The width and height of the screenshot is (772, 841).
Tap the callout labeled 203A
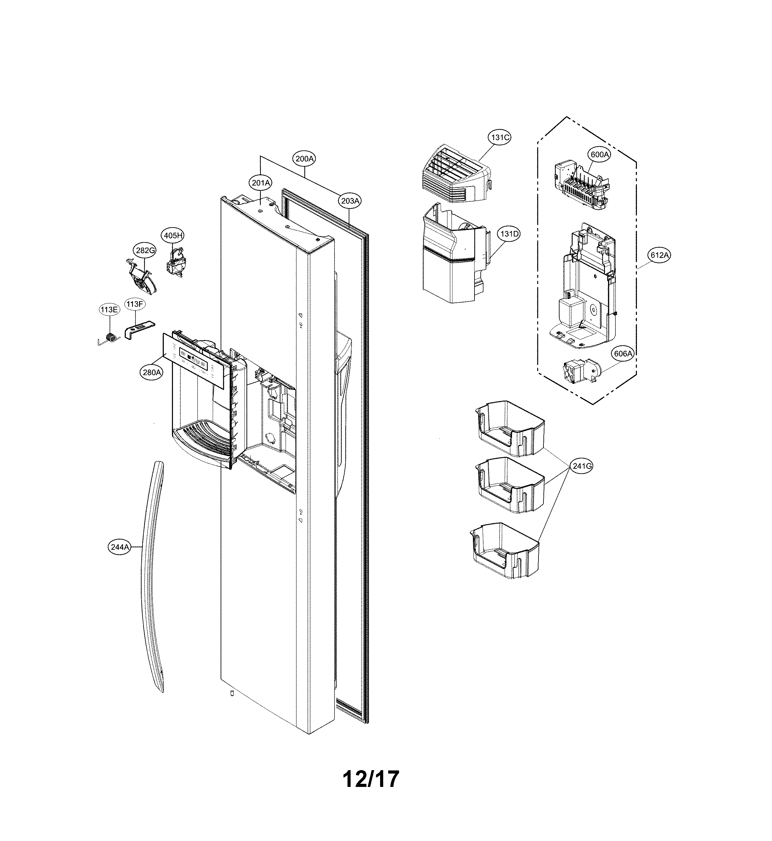pyautogui.click(x=350, y=201)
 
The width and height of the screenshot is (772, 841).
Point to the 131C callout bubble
pyautogui.click(x=500, y=137)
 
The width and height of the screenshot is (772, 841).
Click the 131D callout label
pyautogui.click(x=509, y=234)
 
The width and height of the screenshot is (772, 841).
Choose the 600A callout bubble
pyautogui.click(x=599, y=154)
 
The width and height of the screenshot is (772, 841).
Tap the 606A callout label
pyautogui.click(x=623, y=354)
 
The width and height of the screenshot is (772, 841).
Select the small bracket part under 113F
pyautogui.click(x=138, y=329)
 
